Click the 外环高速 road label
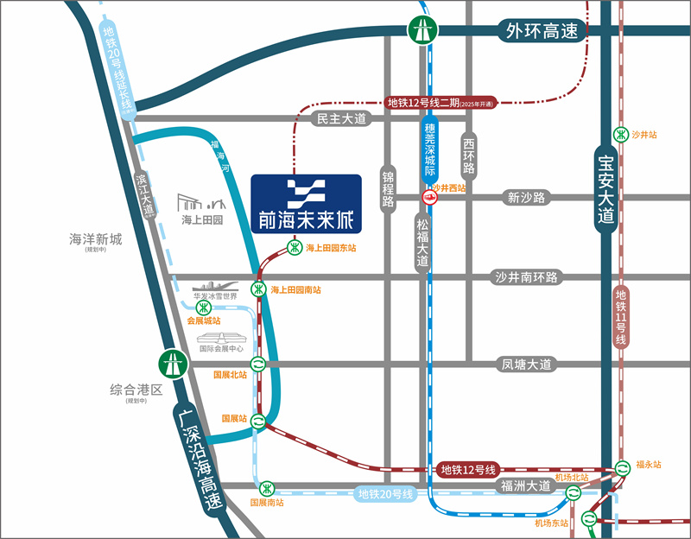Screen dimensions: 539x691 [543, 31]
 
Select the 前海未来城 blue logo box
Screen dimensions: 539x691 [306, 204]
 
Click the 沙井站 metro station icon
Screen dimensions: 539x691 [620, 135]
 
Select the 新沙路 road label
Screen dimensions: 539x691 [527, 198]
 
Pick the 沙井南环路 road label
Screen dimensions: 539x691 [527, 277]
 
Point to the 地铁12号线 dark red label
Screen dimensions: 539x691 [467, 470]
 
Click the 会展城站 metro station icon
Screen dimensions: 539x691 [203, 308]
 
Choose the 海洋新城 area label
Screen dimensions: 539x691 [96, 239]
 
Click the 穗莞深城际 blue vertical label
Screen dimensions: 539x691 [430, 151]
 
